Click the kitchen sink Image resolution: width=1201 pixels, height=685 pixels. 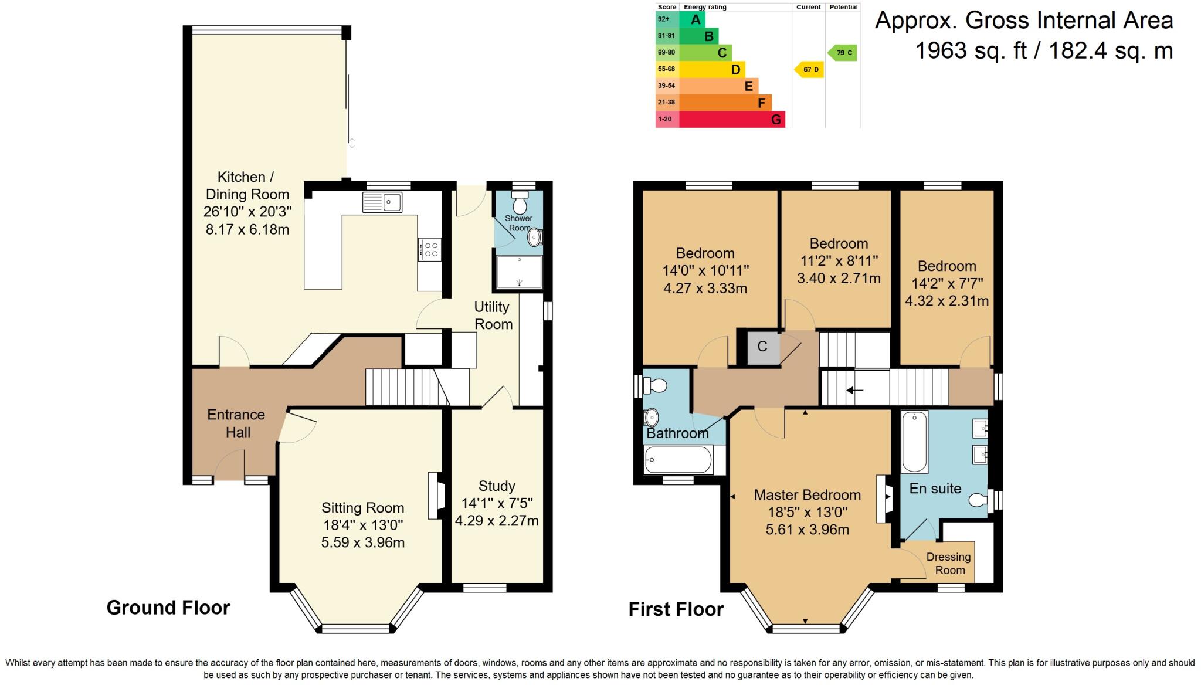click(382, 202)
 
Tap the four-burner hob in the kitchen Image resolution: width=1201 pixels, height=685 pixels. click(429, 249)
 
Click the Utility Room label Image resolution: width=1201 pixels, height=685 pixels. click(493, 316)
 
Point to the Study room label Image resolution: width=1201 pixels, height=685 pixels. click(497, 486)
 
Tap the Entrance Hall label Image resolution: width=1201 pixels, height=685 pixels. click(236, 423)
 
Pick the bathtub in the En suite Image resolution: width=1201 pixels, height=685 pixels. click(914, 442)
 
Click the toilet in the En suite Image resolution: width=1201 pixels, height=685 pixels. click(979, 500)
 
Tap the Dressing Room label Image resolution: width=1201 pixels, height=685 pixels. click(949, 563)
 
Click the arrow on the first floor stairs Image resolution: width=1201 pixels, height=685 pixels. click(854, 389)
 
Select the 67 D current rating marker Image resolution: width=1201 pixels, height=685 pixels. click(809, 69)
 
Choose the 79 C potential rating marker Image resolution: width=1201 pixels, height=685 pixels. click(842, 53)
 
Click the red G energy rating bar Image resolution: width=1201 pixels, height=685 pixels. click(732, 120)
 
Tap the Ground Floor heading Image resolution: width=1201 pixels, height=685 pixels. click(168, 608)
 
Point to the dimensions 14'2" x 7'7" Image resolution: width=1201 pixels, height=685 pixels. click(947, 283)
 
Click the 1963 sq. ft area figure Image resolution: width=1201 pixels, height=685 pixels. click(971, 50)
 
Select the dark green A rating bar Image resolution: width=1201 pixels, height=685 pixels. click(692, 19)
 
